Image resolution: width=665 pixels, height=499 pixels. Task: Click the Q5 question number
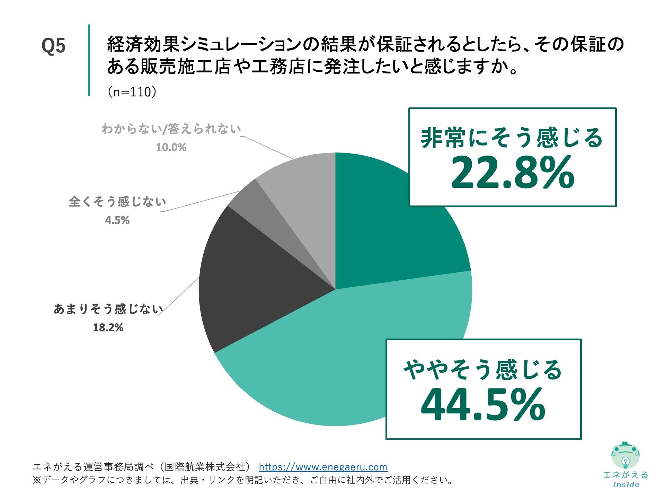tap(53, 46)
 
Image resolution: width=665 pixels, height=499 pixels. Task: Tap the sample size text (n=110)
tap(132, 92)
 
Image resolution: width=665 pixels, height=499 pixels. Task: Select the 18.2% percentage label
tap(108, 327)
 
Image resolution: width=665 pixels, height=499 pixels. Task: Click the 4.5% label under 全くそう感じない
tap(117, 220)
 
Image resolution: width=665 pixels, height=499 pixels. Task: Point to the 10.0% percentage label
tap(171, 147)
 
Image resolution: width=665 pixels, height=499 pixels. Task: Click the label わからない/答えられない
tap(171, 129)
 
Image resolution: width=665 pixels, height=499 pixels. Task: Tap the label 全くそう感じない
tap(117, 202)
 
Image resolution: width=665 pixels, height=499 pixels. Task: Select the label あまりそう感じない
tap(108, 309)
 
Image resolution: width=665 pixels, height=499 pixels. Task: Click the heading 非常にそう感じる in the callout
tap(512, 138)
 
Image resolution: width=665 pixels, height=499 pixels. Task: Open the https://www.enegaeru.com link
tap(323, 467)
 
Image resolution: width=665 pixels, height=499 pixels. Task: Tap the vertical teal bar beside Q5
tap(89, 60)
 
